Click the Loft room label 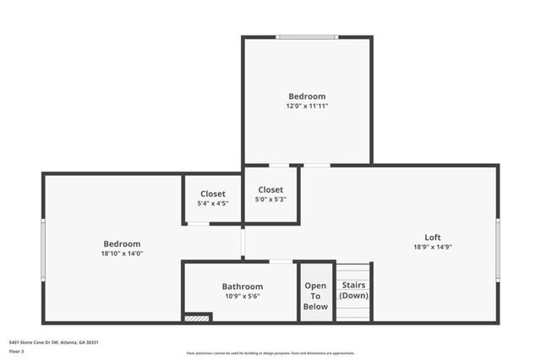click(x=432, y=237)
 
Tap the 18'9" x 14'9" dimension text click(x=432, y=247)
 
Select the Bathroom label click(x=243, y=286)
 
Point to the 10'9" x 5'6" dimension click(x=243, y=297)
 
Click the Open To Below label click(x=315, y=296)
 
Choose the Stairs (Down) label click(x=353, y=291)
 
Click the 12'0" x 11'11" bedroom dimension click(x=307, y=106)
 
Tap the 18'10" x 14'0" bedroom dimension click(x=123, y=254)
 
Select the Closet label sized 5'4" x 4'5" click(x=213, y=194)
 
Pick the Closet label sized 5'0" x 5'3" click(x=270, y=190)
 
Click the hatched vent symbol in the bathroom click(x=197, y=318)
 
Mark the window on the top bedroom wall click(x=308, y=37)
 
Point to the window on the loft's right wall click(x=498, y=249)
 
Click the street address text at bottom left click(x=54, y=342)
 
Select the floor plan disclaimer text click(x=270, y=353)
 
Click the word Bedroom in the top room click(x=307, y=96)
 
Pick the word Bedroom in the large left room click(x=123, y=244)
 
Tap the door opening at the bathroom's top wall click(x=281, y=261)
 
